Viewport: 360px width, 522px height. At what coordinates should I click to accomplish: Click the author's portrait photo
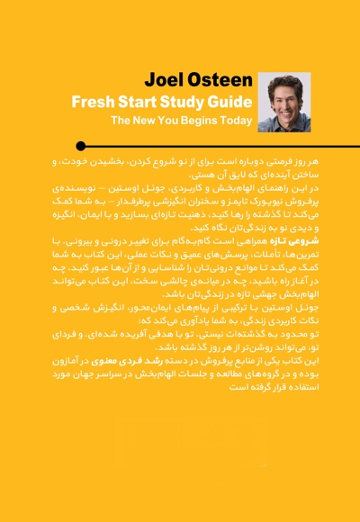pos(283,102)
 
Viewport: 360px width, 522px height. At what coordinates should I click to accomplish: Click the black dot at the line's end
pos(81,146)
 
